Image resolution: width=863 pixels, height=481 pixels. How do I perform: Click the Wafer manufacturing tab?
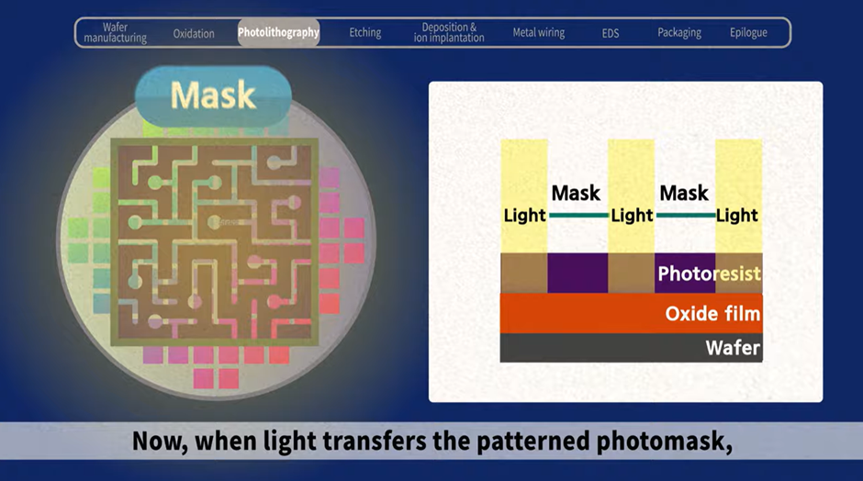coord(115,32)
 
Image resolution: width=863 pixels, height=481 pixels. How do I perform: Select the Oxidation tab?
coord(194,34)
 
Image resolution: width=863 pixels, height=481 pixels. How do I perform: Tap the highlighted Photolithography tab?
coord(278,32)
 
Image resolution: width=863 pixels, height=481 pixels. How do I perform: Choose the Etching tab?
coord(364,33)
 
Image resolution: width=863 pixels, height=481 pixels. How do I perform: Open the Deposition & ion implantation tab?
coord(449,32)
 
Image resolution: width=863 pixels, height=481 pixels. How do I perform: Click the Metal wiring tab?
coord(538,33)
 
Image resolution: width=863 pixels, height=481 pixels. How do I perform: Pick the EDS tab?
coord(611,34)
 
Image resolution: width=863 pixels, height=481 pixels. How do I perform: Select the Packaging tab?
coord(679,33)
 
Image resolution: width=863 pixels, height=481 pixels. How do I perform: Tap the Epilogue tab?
coord(748,33)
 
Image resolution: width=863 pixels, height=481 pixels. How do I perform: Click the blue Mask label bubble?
coord(213,96)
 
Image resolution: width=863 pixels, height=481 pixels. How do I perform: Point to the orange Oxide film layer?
coord(632,313)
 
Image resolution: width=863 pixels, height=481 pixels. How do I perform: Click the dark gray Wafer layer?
coord(632,348)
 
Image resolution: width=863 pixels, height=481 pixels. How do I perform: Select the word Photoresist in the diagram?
coord(709,274)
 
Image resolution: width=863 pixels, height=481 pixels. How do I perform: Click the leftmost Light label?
coord(524,215)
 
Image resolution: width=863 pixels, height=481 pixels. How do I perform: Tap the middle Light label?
coord(632,215)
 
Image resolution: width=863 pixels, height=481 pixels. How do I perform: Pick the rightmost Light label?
coord(737,215)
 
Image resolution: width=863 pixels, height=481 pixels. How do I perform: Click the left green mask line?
coord(578,215)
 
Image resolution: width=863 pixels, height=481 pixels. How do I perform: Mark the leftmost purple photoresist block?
coord(577,273)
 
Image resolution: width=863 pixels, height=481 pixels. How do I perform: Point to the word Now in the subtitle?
coord(160,442)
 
